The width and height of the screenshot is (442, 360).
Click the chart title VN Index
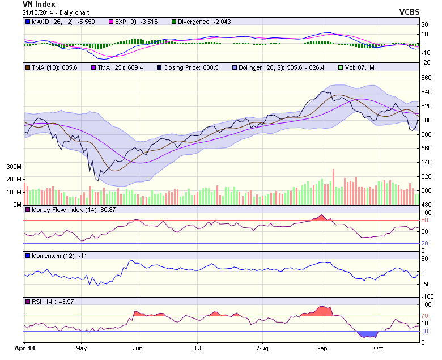click(x=39, y=4)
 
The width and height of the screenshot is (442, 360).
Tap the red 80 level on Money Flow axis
click(x=424, y=221)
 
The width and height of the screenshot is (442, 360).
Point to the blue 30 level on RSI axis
click(x=424, y=331)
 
